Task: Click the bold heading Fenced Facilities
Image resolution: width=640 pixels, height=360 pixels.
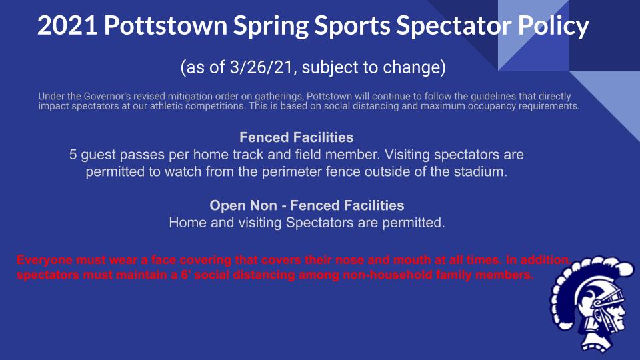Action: coord(296,138)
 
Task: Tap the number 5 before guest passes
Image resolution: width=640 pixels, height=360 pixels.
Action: coord(73,155)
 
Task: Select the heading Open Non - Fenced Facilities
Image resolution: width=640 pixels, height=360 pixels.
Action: coord(307,205)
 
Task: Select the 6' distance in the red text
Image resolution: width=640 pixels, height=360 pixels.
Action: coord(177,275)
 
